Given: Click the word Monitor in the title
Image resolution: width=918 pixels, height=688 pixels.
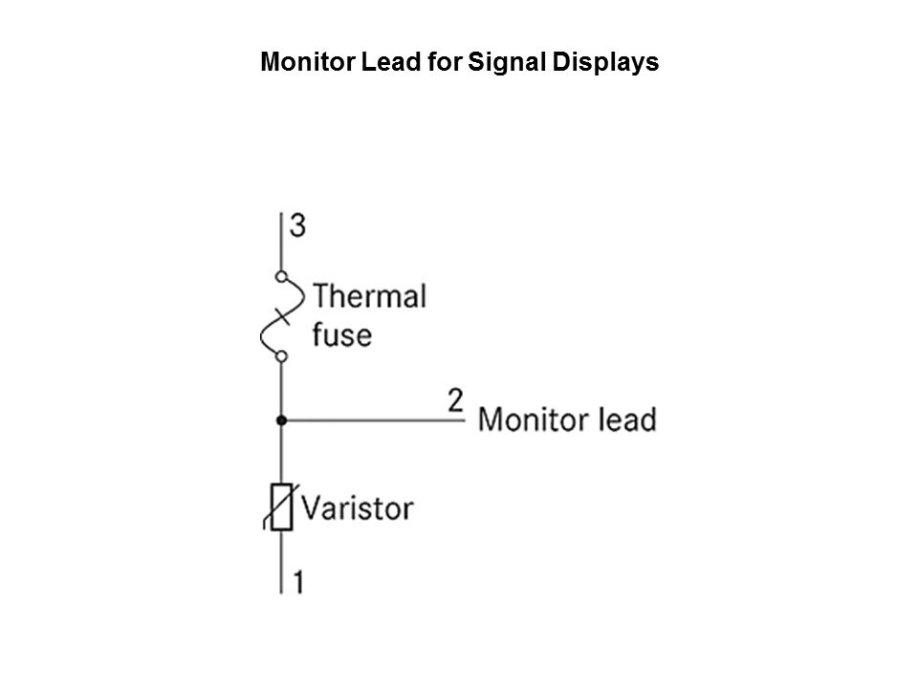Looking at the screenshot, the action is click(x=308, y=62).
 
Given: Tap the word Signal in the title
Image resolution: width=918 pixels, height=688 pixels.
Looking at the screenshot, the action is click(x=507, y=63).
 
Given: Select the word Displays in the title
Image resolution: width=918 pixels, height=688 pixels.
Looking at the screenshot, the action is click(x=605, y=63).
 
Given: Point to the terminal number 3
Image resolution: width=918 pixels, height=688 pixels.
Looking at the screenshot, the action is click(x=297, y=226).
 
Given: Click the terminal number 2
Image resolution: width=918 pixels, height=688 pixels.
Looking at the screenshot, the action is click(x=455, y=400).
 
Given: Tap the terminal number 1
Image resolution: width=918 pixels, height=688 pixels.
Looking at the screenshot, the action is click(x=298, y=582).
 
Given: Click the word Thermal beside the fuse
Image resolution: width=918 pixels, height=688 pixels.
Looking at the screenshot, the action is click(x=369, y=296).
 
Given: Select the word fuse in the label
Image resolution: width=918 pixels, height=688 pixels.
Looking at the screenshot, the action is click(x=342, y=334).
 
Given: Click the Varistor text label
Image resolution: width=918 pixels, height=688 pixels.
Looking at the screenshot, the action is click(x=357, y=507).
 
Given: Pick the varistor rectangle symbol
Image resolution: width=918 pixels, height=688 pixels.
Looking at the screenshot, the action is click(x=281, y=507).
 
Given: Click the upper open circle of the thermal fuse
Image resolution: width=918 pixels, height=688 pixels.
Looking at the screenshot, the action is click(x=281, y=276).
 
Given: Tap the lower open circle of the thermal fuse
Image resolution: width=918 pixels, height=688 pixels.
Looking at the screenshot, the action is click(x=281, y=355).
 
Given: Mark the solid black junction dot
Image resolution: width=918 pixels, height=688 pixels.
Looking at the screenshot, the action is click(x=281, y=420).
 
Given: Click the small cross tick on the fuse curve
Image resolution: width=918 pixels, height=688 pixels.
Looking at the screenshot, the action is click(x=282, y=316).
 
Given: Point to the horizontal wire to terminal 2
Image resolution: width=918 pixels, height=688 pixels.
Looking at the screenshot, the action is click(x=373, y=420).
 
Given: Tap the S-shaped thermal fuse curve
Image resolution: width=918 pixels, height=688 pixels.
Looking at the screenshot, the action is click(x=282, y=316).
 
